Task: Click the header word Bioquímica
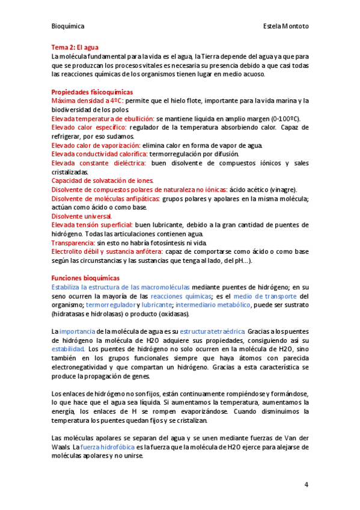tap(68, 26)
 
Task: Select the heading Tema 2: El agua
tap(75, 47)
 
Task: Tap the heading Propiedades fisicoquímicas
tap(92, 91)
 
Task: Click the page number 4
tap(306, 485)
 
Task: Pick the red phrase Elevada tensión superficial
tap(93, 225)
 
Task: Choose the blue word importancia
tap(78, 331)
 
